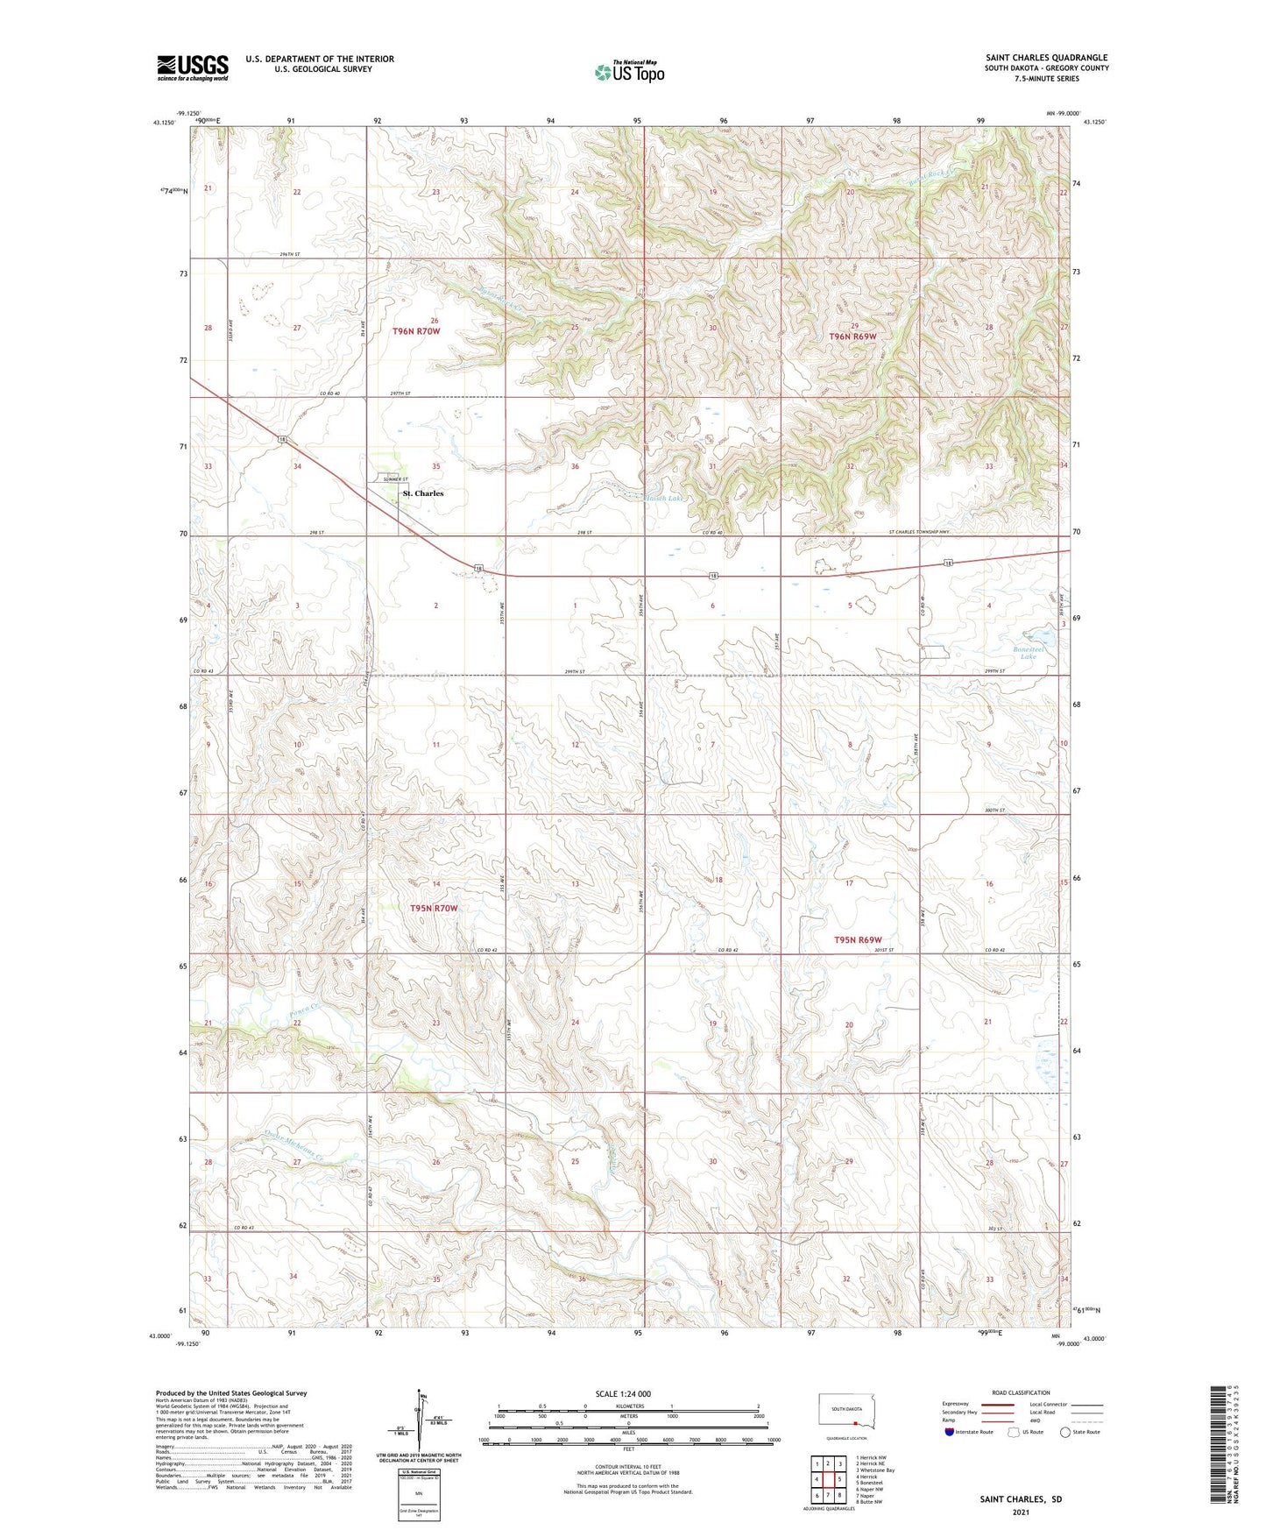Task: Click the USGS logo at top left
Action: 192,67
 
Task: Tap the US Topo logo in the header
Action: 629,72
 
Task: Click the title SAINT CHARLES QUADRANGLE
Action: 1046,58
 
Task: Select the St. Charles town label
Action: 423,493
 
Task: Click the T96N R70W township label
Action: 416,331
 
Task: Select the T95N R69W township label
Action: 858,940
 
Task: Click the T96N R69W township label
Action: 852,336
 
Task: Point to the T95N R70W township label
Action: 434,909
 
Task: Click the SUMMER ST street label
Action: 394,480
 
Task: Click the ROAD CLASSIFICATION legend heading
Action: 1022,1392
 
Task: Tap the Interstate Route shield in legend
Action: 950,1432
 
